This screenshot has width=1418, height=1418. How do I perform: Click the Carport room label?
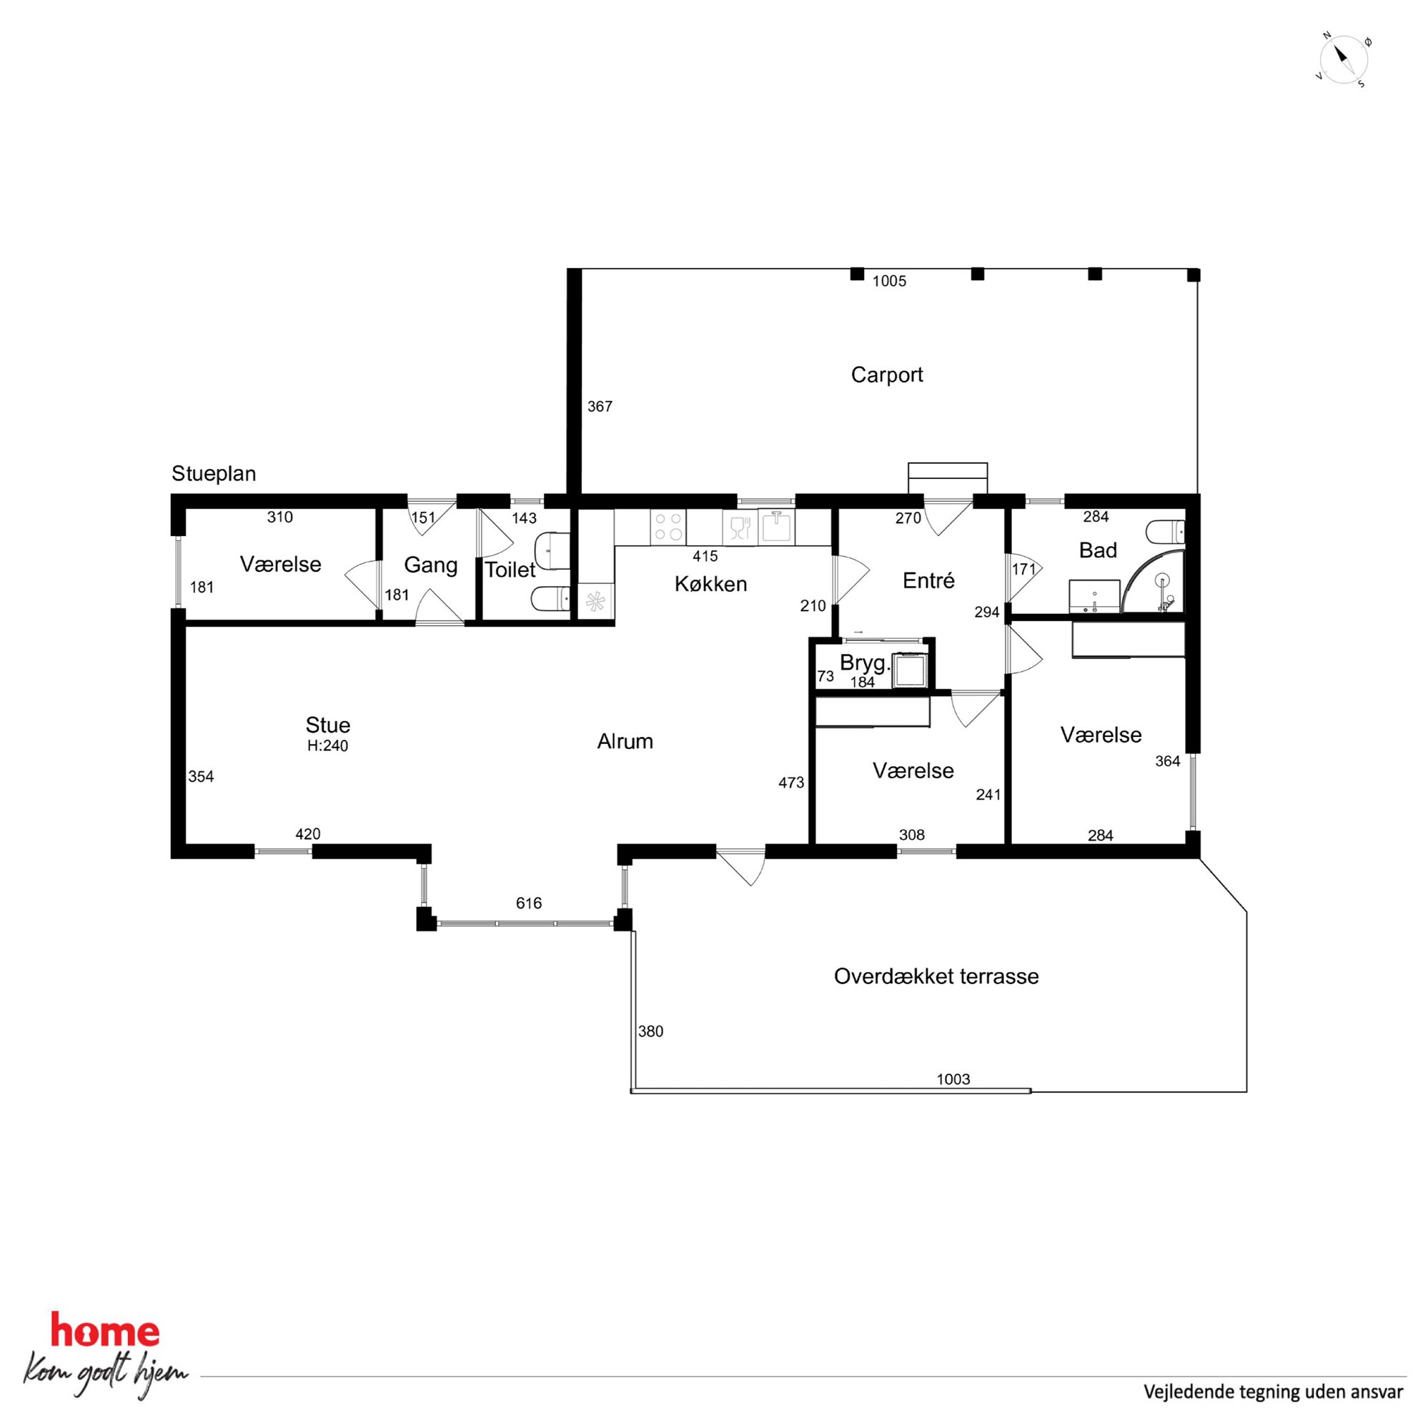887,375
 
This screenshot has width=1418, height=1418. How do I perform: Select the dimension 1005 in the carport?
890,281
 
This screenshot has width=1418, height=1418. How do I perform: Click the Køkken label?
710,584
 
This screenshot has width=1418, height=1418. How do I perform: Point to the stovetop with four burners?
668,527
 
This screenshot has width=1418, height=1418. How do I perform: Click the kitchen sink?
776,527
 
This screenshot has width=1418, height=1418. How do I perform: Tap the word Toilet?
510,570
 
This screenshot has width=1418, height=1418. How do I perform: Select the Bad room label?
1098,550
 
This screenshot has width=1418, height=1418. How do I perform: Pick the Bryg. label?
866,663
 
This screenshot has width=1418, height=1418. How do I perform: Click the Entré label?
928,580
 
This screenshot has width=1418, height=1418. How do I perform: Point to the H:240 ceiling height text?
327,745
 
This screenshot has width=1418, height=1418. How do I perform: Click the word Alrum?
625,741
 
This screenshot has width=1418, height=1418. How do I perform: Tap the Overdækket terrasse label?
936,976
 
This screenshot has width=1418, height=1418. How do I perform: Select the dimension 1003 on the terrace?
953,1079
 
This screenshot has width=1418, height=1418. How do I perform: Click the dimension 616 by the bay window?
528,903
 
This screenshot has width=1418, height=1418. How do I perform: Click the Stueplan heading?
214,473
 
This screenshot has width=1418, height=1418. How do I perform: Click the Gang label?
431,565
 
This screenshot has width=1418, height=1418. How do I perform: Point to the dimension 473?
791,783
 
